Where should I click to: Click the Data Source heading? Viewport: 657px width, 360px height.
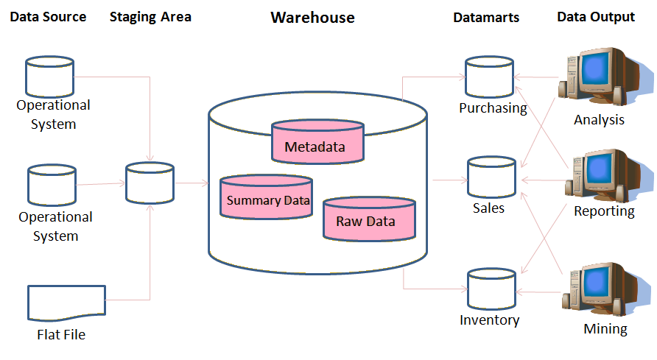(x=48, y=17)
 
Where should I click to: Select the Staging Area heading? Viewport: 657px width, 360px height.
(x=150, y=17)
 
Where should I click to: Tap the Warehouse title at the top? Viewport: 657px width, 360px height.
(x=312, y=17)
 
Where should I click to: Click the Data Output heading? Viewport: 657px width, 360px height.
(x=596, y=17)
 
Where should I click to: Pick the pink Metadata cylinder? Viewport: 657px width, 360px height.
(x=317, y=141)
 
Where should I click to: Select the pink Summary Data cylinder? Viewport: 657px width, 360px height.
(x=267, y=197)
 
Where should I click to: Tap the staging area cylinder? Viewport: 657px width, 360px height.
(x=150, y=183)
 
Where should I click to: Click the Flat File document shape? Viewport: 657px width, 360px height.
(x=66, y=303)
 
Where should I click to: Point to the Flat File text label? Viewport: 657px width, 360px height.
(x=61, y=335)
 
